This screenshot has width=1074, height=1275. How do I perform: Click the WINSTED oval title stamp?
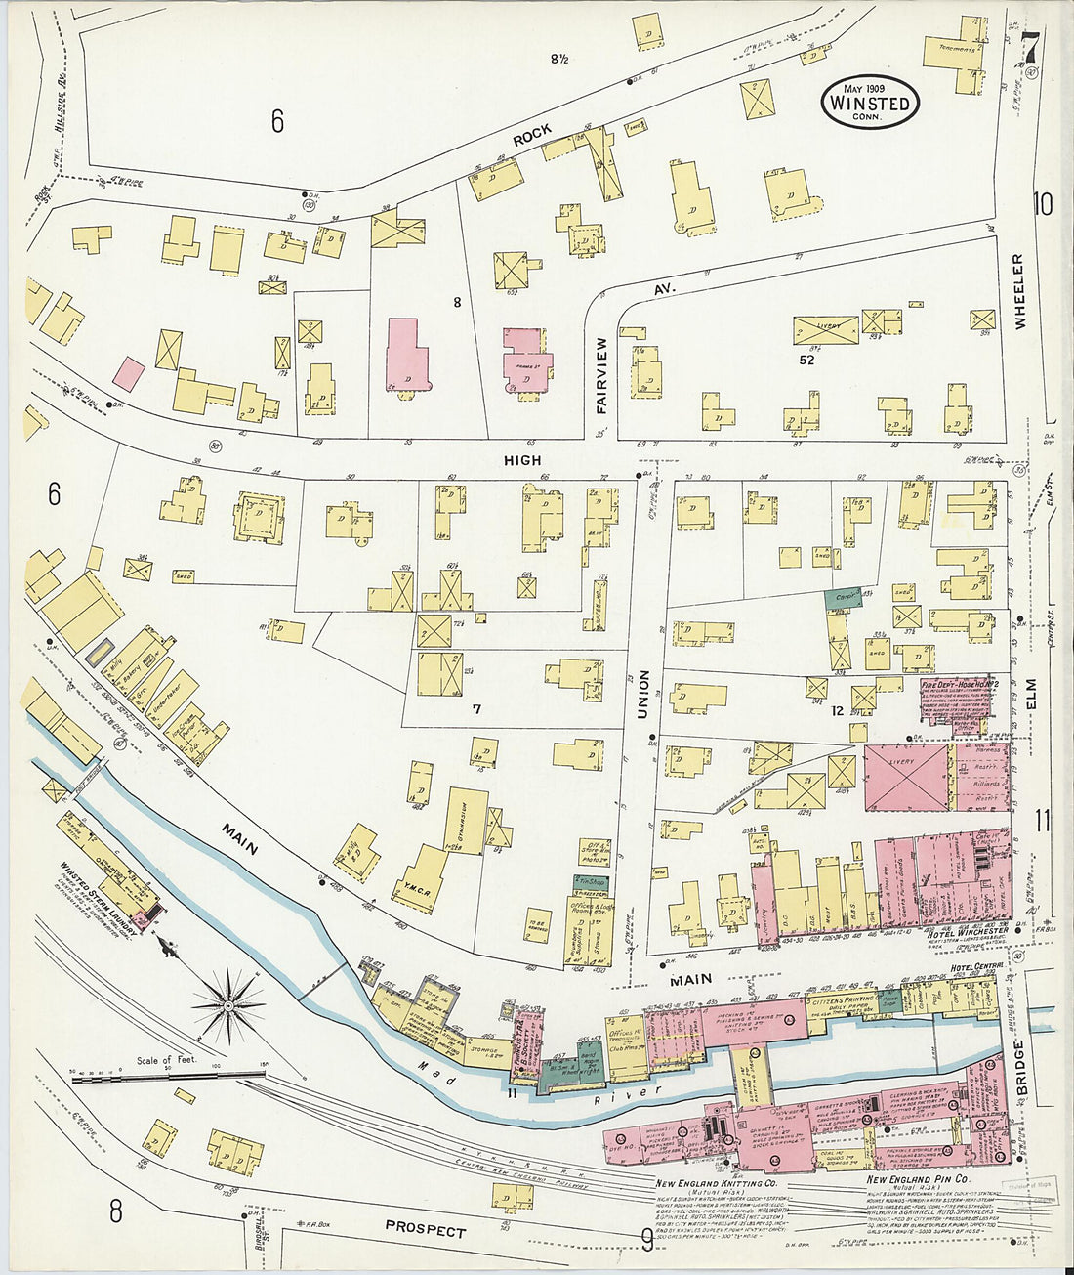point(869,102)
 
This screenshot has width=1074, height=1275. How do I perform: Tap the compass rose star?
point(227,1003)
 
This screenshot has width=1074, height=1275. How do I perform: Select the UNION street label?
point(642,694)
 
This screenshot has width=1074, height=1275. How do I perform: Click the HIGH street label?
point(522,460)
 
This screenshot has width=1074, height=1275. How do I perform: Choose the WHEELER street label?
point(1019,291)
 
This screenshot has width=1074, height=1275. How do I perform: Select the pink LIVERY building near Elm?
point(906,777)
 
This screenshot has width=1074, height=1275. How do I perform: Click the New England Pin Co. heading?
point(918,1180)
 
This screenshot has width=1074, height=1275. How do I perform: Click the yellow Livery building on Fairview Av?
point(825,329)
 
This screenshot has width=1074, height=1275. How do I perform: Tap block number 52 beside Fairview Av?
point(805,359)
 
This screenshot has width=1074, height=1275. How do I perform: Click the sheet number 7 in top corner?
point(1032,47)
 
